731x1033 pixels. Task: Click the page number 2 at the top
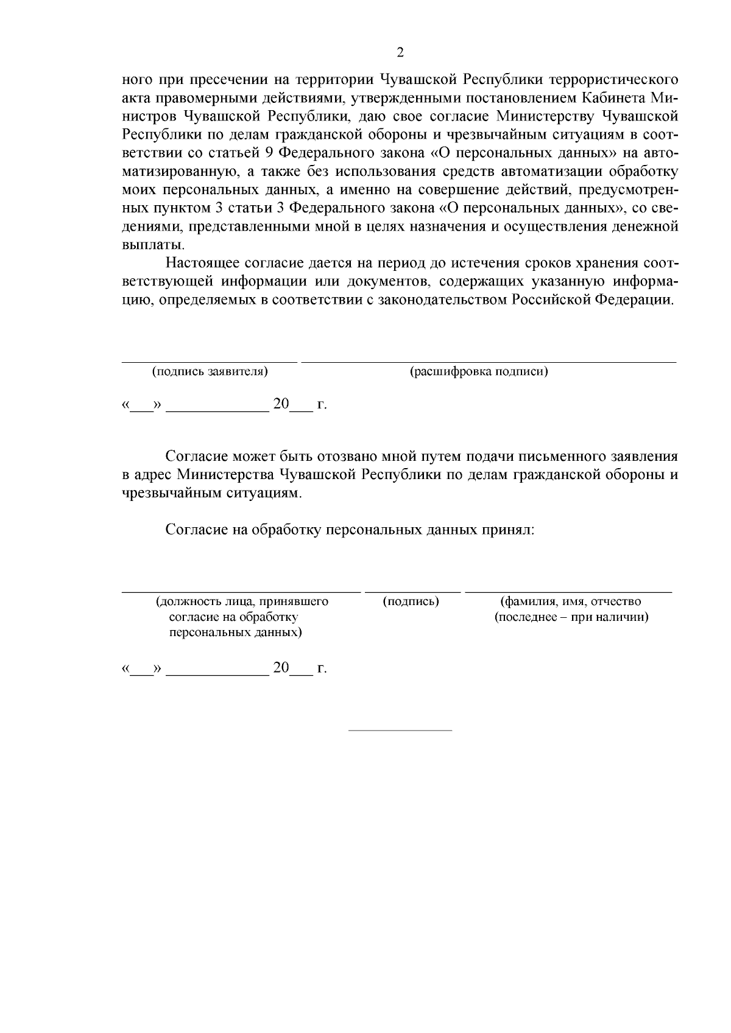click(400, 52)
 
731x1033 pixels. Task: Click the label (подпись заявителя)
click(210, 372)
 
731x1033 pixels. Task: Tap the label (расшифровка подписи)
click(479, 372)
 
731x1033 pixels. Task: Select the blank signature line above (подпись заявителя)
click(210, 362)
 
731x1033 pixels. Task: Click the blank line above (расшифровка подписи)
click(489, 362)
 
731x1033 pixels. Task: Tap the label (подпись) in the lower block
click(411, 601)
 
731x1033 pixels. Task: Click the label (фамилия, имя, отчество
click(571, 601)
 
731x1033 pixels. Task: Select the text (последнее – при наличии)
click(571, 617)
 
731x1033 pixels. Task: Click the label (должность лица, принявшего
click(242, 601)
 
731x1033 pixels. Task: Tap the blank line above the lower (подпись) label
click(412, 591)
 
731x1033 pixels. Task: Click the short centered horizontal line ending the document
click(400, 730)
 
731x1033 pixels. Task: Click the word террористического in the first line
click(614, 79)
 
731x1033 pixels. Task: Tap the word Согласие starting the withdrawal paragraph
click(197, 456)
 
